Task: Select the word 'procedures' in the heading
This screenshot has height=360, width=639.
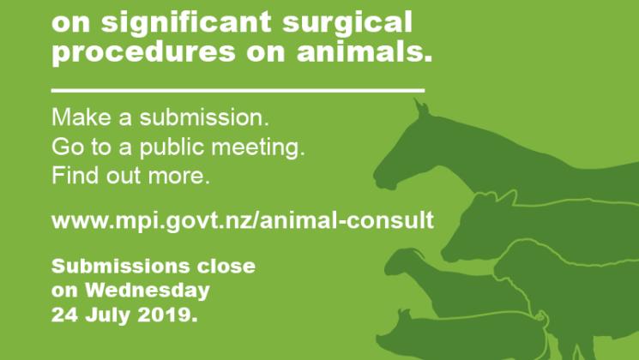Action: [143, 53]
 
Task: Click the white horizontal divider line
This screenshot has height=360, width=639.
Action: [238, 90]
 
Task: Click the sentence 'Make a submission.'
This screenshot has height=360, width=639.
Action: [160, 117]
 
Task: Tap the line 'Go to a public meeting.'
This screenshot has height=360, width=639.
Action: [178, 147]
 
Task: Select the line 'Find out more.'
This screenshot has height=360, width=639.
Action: [131, 176]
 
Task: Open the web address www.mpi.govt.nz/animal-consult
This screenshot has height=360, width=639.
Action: [243, 221]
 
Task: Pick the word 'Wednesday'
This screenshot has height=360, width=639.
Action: [148, 291]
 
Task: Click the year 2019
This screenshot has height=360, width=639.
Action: [167, 315]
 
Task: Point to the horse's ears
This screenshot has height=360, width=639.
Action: [422, 108]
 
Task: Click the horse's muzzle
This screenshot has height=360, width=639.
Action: [384, 178]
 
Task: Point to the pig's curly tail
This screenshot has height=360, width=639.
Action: [540, 318]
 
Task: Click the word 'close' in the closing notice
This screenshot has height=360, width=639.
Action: [226, 267]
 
